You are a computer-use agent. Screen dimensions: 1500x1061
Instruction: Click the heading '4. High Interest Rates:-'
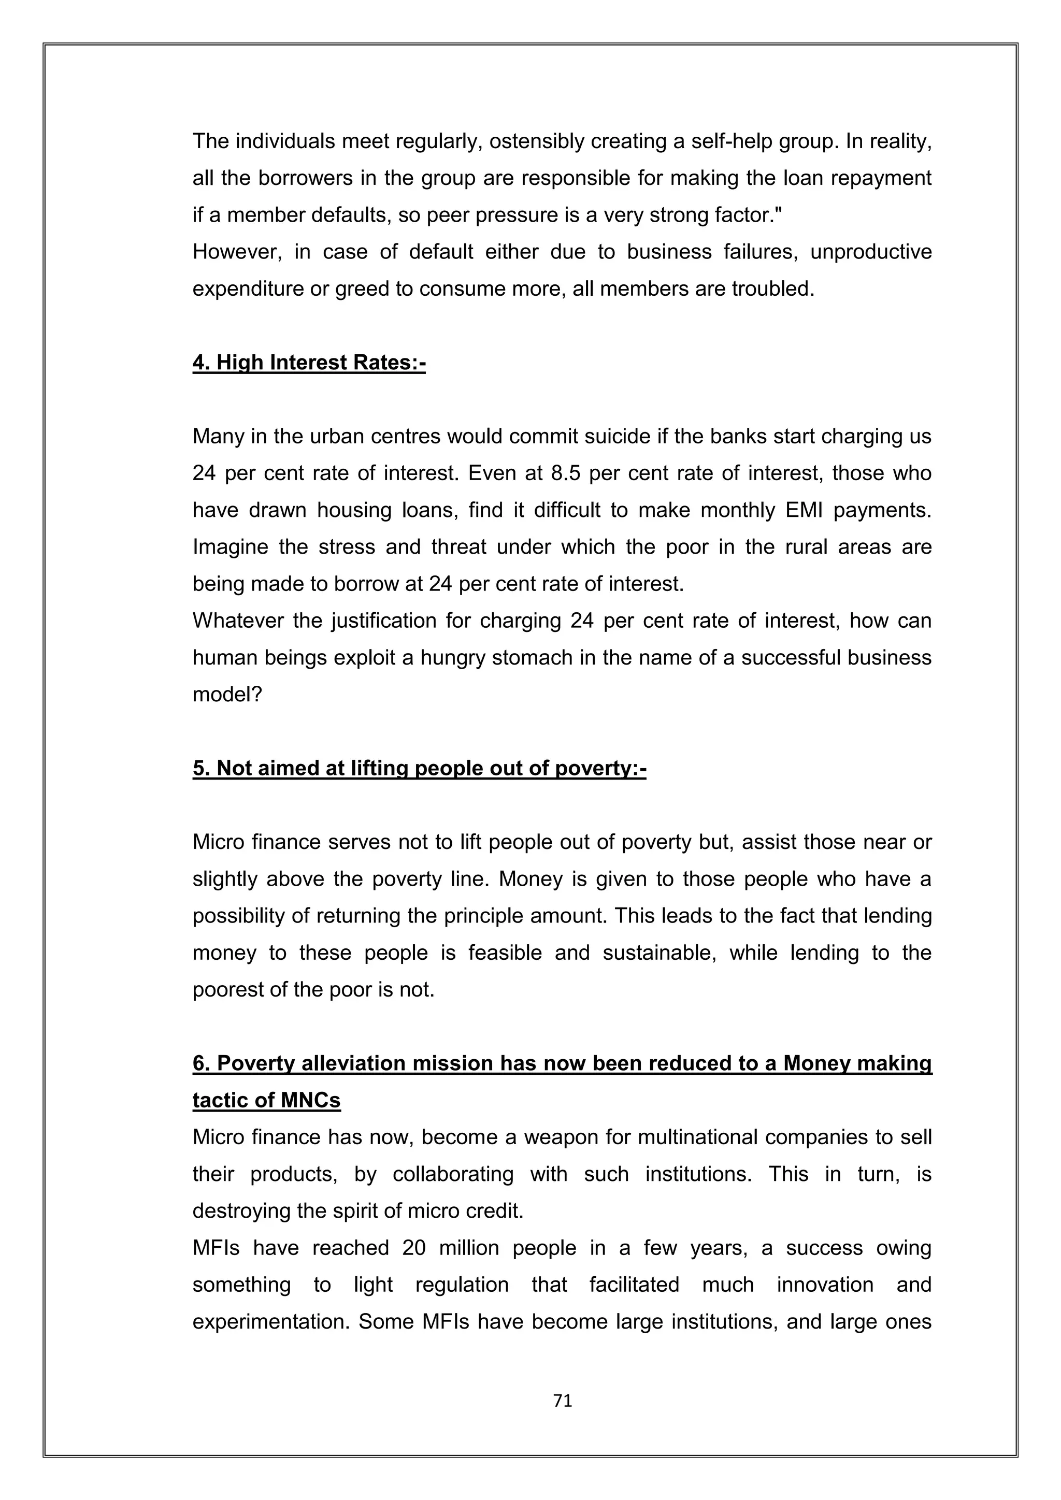(x=309, y=363)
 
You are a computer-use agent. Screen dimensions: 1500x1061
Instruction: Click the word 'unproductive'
(x=871, y=252)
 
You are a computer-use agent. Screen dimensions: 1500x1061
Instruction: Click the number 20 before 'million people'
(x=413, y=1248)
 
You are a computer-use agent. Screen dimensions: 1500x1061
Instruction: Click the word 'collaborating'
(x=453, y=1174)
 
